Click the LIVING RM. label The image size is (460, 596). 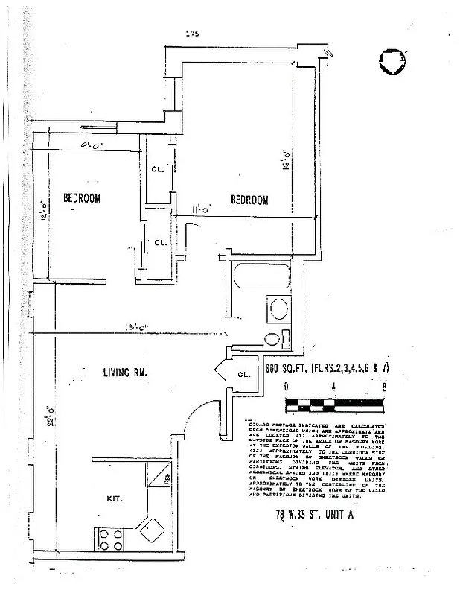coord(124,372)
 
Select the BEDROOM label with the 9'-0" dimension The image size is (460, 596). coord(81,198)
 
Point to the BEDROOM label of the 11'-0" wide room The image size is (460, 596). coord(249,200)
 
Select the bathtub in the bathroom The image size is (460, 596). coord(262,276)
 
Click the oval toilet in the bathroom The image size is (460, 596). coord(272,340)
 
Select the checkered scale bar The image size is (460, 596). coord(334,405)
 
